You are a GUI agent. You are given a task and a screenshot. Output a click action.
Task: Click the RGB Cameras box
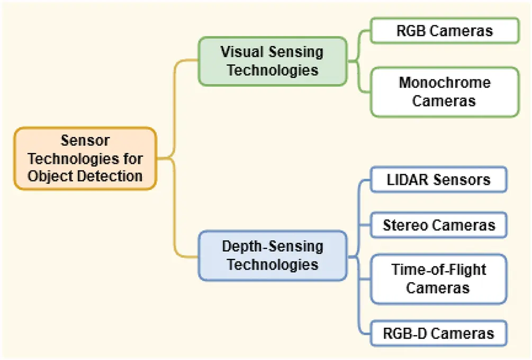coord(445,31)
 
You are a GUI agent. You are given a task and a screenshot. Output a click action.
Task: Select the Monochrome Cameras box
coord(445,92)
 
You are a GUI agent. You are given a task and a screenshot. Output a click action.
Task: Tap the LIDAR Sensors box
coord(439,179)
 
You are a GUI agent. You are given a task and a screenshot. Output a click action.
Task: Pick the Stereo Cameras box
coord(439,225)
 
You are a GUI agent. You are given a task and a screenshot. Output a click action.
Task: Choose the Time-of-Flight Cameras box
coord(439,278)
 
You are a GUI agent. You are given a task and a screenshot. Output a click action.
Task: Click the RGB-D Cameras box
coord(439,334)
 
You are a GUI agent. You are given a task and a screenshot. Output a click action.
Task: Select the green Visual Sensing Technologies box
coord(273,61)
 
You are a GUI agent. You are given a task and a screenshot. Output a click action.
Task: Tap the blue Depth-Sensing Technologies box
coord(273,255)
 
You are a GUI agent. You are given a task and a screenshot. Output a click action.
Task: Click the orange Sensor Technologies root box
coord(85,158)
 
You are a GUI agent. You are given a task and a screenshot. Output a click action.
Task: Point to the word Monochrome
coord(445,83)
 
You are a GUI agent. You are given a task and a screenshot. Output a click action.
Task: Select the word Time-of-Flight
coord(439,269)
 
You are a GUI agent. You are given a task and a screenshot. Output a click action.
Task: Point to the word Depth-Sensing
coord(273,247)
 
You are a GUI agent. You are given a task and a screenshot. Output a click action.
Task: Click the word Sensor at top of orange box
coord(85,141)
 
